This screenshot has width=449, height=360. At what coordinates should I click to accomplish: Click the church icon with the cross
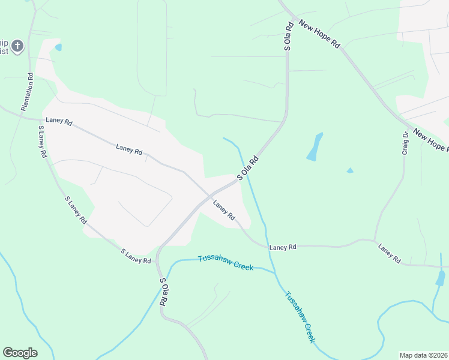pos(17,46)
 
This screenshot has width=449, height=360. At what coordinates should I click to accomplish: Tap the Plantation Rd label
pos(28,92)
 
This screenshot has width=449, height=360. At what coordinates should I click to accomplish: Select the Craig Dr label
pos(405,143)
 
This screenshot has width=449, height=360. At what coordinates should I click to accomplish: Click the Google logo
pos(20,353)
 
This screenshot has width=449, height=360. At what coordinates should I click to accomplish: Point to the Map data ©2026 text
pos(423,355)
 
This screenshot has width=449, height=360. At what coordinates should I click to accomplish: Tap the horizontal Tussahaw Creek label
pos(226,262)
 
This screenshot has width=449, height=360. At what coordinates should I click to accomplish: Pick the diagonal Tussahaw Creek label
pos(300,317)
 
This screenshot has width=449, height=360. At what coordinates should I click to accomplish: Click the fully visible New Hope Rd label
pos(320,35)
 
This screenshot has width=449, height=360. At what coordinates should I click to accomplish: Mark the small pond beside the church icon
pos(58,47)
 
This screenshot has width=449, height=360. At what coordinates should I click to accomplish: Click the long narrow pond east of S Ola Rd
pos(315,147)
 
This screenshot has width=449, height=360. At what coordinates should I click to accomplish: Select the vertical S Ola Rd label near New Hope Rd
pos(288,36)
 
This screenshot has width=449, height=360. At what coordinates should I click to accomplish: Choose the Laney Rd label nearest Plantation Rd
pos(59,121)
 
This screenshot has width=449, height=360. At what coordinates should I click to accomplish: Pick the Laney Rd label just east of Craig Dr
pos(389,253)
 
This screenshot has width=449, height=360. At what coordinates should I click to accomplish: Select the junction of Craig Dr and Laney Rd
pos(375,240)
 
